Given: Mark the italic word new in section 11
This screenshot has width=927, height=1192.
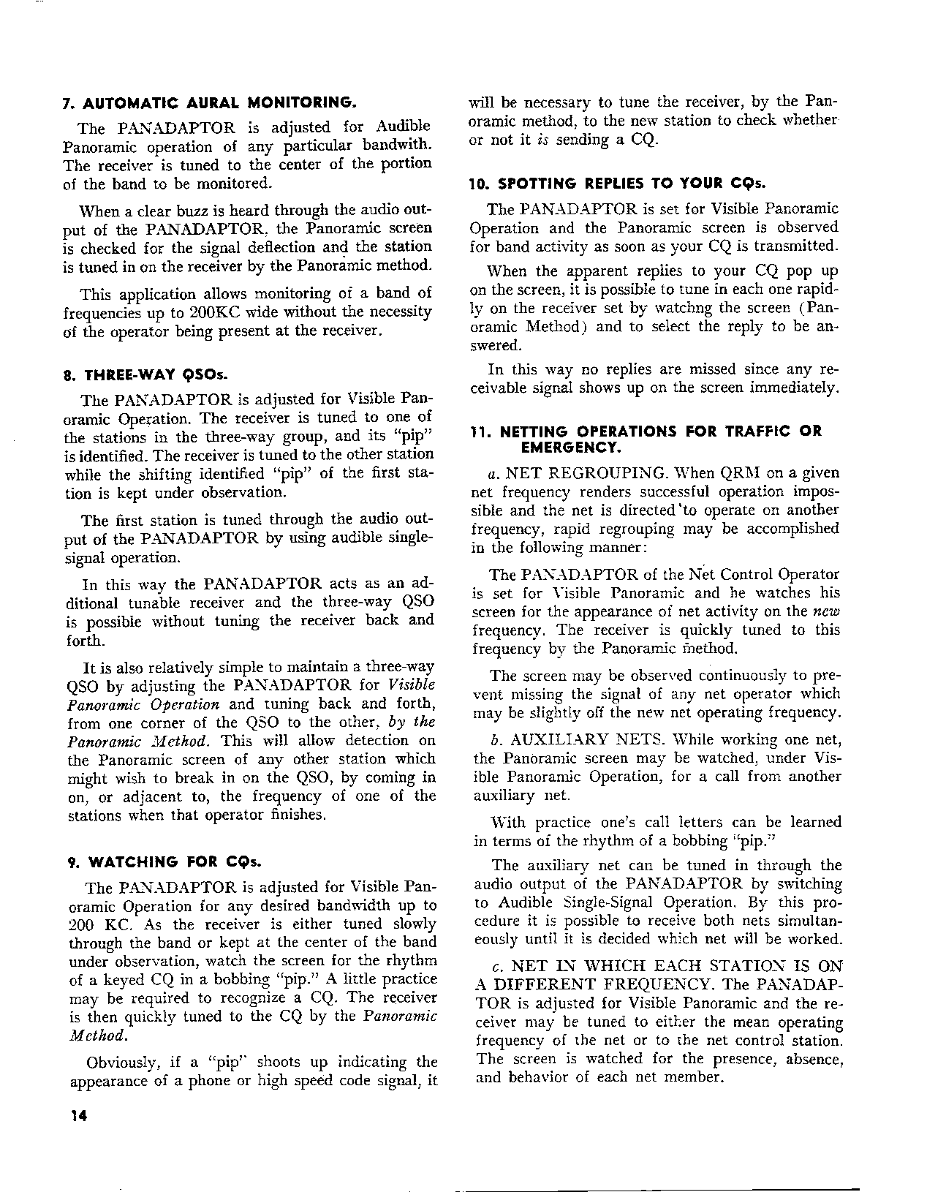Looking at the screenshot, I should pyautogui.click(x=827, y=611).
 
